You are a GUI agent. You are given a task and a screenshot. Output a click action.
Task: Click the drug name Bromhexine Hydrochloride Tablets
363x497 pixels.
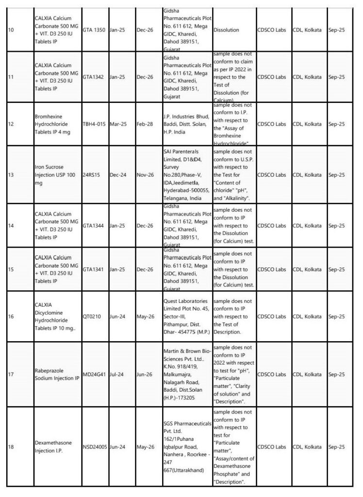pyautogui.click(x=55, y=124)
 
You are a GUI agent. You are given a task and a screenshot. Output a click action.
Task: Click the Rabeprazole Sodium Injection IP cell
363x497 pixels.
pyautogui.click(x=57, y=374)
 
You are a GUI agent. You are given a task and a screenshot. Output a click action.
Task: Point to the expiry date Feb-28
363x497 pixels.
pyautogui.click(x=142, y=124)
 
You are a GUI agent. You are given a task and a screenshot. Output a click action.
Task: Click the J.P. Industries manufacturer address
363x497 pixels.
pyautogui.click(x=186, y=124)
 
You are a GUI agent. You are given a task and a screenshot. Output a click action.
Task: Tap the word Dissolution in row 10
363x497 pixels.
pyautogui.click(x=226, y=30)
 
